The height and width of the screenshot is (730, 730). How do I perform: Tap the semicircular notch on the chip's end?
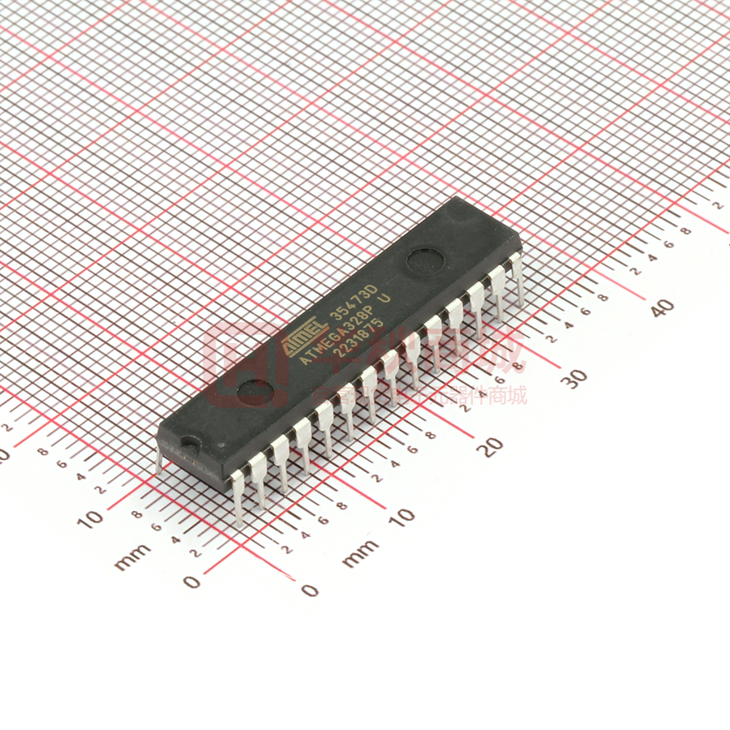190,444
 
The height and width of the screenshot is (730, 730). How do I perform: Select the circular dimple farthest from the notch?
425,261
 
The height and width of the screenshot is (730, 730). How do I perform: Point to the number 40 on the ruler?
663,307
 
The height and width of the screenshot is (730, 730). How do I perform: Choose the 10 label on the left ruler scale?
91,518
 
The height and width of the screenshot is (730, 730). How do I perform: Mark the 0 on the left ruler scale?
191,582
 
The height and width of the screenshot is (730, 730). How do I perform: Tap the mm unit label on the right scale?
358,555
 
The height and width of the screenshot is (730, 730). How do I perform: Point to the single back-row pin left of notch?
159,460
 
